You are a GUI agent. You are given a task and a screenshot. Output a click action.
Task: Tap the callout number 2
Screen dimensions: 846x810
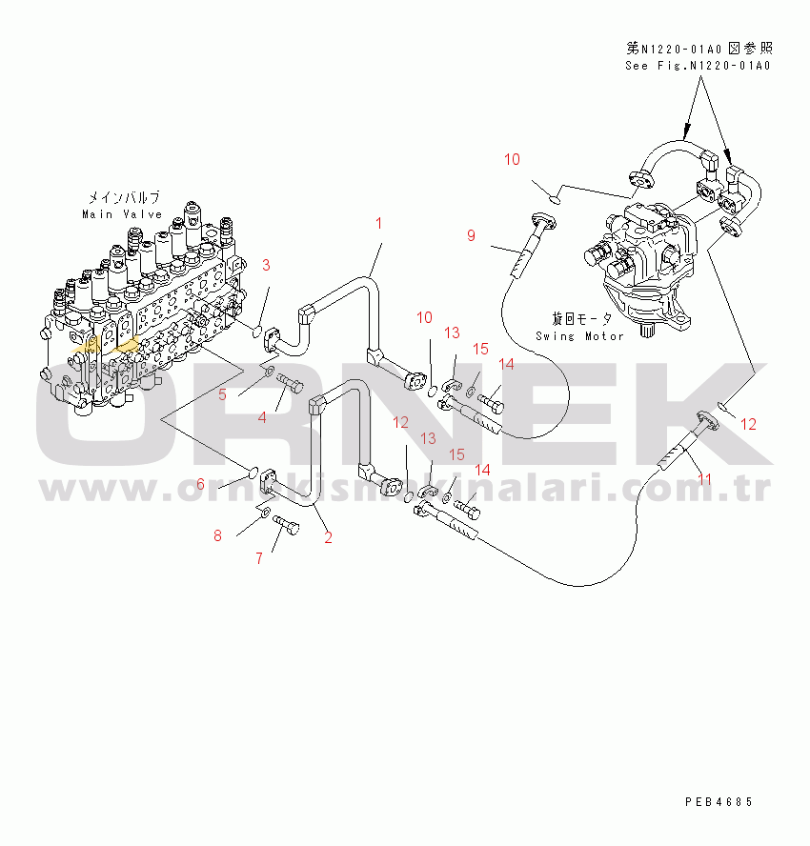point(328,537)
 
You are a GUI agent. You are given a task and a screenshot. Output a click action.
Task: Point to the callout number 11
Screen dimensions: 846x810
point(704,479)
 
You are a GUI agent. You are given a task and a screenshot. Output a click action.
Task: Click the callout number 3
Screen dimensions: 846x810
point(267,265)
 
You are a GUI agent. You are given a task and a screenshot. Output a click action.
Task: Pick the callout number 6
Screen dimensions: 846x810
point(200,485)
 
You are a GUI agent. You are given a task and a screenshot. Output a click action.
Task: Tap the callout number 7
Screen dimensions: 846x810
point(258,559)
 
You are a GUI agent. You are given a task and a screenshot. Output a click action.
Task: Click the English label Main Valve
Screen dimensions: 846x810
point(121,214)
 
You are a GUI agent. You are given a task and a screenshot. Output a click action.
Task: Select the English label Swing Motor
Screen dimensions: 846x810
point(579,335)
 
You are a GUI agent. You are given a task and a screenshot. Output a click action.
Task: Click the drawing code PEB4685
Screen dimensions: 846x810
point(719,802)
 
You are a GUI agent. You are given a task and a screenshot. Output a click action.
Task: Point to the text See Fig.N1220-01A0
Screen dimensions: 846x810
point(698,66)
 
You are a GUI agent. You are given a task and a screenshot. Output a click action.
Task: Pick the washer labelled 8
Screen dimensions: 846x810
point(262,514)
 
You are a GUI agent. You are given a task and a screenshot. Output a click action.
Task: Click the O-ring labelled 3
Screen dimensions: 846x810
point(256,331)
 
